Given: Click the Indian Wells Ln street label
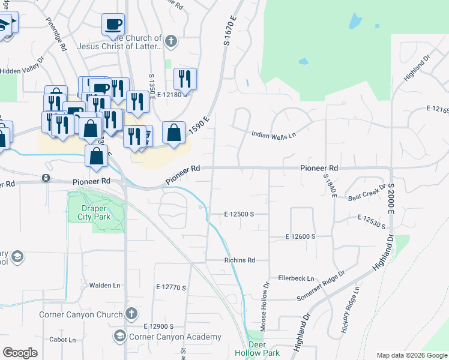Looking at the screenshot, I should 274,135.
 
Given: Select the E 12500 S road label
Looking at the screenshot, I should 240,214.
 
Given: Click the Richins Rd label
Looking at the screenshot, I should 240,260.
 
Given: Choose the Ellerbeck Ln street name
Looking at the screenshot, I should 296,278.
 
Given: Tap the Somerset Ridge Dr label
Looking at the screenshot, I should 321,286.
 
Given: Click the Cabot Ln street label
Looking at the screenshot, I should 63,340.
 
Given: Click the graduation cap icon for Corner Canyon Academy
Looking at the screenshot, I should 119,337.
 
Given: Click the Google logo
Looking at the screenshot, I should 20,352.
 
